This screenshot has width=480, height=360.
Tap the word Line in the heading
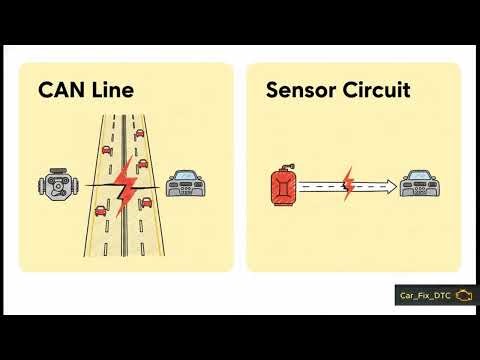pyautogui.click(x=112, y=91)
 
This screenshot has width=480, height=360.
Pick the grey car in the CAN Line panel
pyautogui.click(x=187, y=186)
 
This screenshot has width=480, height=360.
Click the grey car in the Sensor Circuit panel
pyautogui.click(x=419, y=186)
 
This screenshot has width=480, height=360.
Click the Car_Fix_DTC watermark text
pyautogui.click(x=424, y=297)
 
